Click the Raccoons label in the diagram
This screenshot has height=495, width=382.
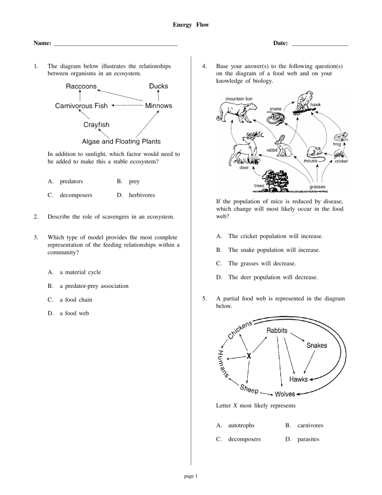click(81, 86)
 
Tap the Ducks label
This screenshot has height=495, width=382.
click(158, 86)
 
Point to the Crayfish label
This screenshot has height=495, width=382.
click(96, 124)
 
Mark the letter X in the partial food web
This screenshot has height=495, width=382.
click(248, 356)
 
